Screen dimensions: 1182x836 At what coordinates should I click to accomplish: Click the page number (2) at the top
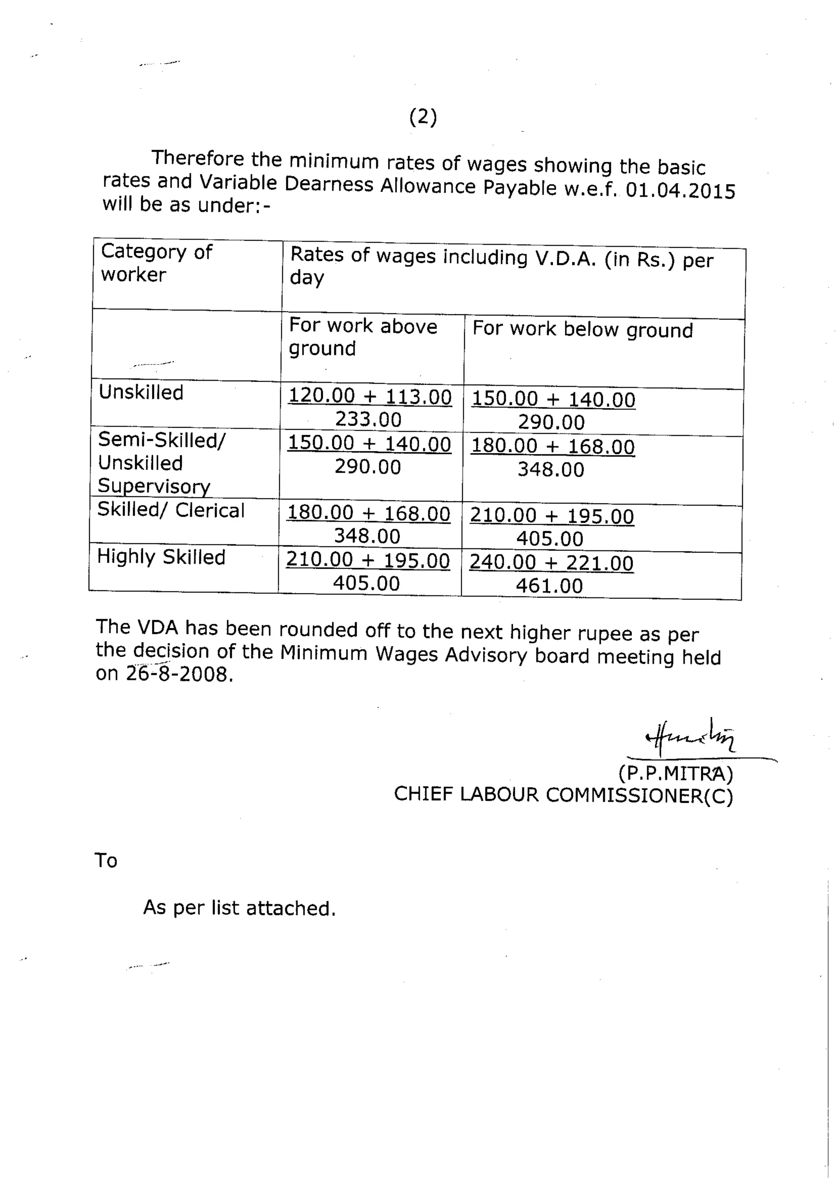[x=423, y=118]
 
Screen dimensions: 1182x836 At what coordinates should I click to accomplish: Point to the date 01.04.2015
[x=680, y=191]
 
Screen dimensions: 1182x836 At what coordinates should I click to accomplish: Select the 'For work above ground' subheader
[x=363, y=337]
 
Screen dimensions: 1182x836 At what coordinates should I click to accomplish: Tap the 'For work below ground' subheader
[x=582, y=329]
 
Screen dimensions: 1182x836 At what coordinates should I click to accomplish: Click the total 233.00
[x=368, y=420]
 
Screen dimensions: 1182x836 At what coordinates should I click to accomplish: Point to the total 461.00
[x=549, y=586]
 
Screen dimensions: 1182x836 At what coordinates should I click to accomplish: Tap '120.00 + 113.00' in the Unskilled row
[x=369, y=396]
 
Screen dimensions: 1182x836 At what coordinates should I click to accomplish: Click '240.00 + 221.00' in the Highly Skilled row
[x=551, y=563]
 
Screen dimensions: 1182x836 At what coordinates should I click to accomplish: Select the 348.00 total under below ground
[x=551, y=469]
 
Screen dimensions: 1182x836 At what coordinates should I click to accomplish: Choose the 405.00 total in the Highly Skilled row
[x=366, y=583]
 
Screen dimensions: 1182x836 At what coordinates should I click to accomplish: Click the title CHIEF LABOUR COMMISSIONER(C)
[x=563, y=795]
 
